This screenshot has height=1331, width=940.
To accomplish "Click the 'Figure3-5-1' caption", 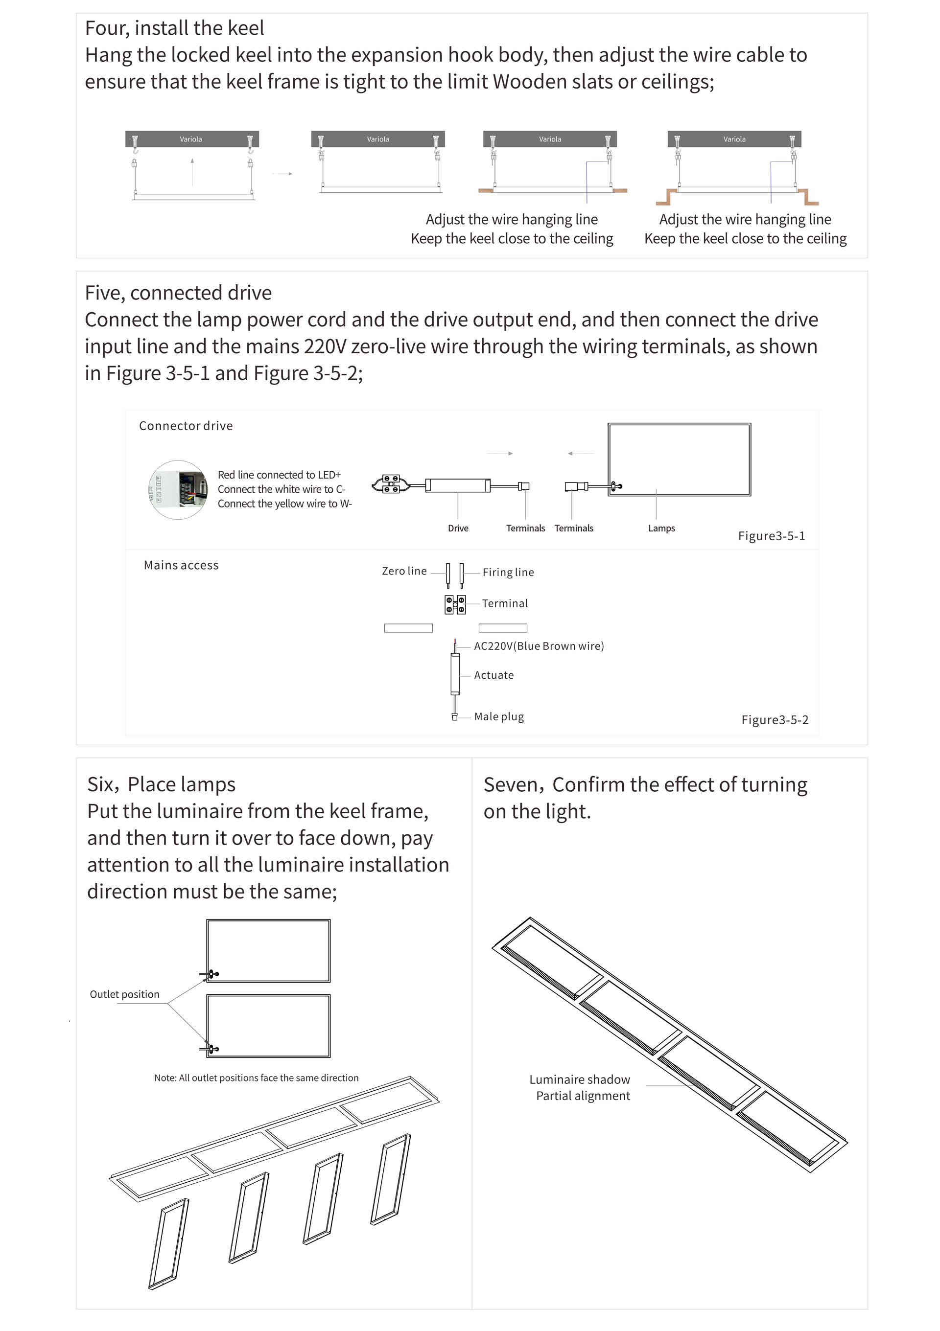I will [771, 536].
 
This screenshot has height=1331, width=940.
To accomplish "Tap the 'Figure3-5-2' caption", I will [775, 719].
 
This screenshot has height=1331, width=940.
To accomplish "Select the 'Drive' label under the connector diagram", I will [458, 528].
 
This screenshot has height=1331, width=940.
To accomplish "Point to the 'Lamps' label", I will [661, 528].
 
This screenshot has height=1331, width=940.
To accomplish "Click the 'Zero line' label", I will [404, 571].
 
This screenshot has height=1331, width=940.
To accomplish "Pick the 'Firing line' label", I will [508, 572].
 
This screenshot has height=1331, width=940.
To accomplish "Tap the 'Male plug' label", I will [499, 716].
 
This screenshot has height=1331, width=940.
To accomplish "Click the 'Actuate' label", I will [493, 675].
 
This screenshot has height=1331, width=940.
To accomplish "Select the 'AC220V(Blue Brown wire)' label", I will [539, 646].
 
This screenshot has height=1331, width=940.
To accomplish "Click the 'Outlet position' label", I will [125, 994].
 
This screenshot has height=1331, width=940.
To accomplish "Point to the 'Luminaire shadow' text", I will [579, 1079].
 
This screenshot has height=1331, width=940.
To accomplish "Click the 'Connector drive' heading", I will [186, 426].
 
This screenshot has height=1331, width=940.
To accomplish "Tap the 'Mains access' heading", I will [181, 565].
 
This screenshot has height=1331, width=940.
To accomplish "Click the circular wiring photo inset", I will [179, 490].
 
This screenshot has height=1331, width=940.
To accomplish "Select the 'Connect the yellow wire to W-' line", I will [285, 504].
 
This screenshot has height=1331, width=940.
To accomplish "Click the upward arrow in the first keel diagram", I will [192, 171].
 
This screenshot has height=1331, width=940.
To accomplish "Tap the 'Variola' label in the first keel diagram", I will [191, 139].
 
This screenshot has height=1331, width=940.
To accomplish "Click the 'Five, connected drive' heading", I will [178, 293].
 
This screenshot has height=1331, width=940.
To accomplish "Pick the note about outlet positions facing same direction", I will [257, 1078].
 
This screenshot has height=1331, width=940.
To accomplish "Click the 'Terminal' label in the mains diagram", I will [504, 603].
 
